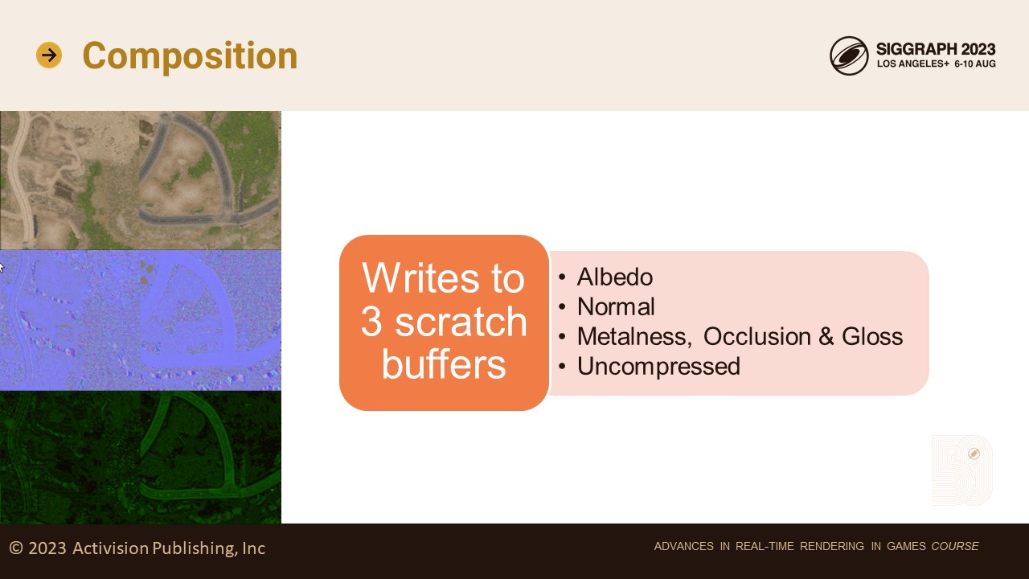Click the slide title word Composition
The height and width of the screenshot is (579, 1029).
[x=190, y=56]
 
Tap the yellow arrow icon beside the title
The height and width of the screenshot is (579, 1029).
[x=49, y=55]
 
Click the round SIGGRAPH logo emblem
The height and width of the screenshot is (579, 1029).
[x=849, y=55]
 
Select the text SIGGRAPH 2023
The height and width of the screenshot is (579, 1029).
[x=936, y=49]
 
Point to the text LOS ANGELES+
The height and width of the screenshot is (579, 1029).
[x=912, y=64]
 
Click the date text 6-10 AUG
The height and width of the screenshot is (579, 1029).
[x=975, y=64]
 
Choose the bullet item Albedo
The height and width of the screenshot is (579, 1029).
[x=615, y=277]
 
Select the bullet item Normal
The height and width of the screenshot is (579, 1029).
[x=616, y=306]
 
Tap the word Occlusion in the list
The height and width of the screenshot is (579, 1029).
[x=757, y=336]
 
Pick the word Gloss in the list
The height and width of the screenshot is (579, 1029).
[x=872, y=336]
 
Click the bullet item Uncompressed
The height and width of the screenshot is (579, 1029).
[x=658, y=366]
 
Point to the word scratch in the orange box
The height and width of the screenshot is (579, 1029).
[x=461, y=321]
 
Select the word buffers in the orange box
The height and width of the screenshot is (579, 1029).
[x=444, y=364]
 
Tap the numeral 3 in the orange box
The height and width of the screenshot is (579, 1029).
[x=371, y=321]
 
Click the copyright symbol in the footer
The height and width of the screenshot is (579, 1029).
[x=16, y=548]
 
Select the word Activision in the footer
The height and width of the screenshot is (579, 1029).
[x=111, y=548]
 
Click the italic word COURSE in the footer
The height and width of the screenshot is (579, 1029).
[x=955, y=546]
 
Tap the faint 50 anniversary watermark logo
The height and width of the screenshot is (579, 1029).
[x=962, y=470]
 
